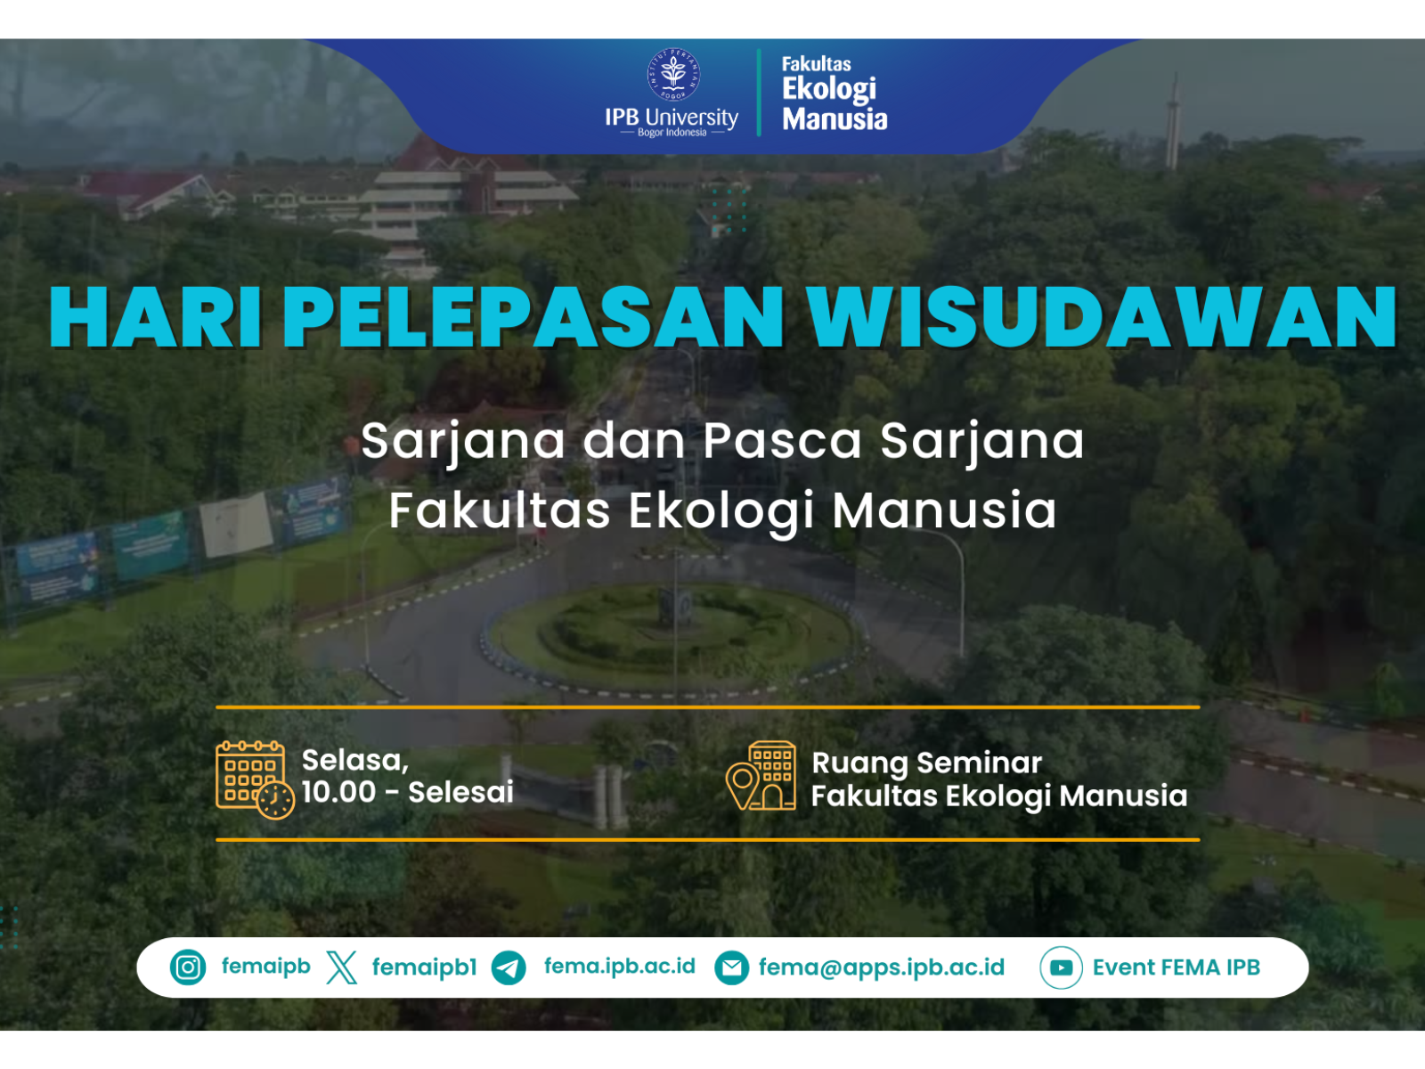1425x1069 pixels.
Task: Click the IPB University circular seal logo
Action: pyautogui.click(x=673, y=74)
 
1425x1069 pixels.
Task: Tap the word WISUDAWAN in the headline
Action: pyautogui.click(x=1102, y=317)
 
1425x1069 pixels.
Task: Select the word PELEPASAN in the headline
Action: pyautogui.click(x=533, y=317)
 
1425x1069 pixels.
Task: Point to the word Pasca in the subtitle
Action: pyautogui.click(x=782, y=441)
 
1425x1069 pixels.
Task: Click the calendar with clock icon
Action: pyautogui.click(x=255, y=779)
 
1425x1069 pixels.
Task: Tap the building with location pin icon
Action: pyautogui.click(x=761, y=776)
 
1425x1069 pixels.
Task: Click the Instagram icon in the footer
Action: pyautogui.click(x=188, y=967)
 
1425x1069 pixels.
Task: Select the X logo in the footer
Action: pyautogui.click(x=341, y=967)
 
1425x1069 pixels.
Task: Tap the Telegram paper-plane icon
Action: pyautogui.click(x=509, y=967)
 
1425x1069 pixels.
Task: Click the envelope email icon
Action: pyautogui.click(x=732, y=967)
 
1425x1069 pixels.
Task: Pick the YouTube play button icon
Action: pyautogui.click(x=1061, y=967)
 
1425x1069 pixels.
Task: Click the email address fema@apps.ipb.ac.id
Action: pyautogui.click(x=882, y=967)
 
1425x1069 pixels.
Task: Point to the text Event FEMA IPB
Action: pyautogui.click(x=1177, y=967)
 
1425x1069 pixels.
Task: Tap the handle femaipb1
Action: pyautogui.click(x=425, y=967)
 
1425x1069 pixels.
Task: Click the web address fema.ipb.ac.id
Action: pyautogui.click(x=619, y=967)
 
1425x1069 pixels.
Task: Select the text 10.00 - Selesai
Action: pyautogui.click(x=408, y=792)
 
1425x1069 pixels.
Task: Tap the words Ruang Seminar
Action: pyautogui.click(x=926, y=763)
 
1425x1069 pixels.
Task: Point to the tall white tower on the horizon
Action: pyautogui.click(x=1172, y=123)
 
